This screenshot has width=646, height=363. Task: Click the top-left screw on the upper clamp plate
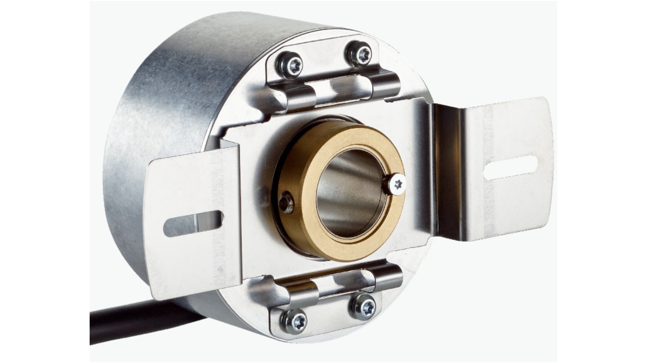(291, 65)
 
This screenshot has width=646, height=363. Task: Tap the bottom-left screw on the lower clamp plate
(294, 322)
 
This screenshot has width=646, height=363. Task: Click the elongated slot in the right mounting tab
(510, 167)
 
